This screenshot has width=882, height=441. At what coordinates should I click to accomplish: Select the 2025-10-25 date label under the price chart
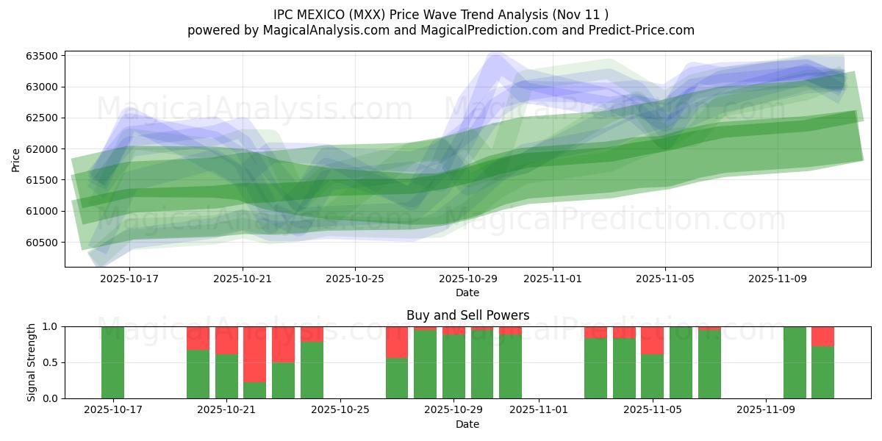(x=355, y=279)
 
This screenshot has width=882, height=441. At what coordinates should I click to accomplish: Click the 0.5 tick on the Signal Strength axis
(x=52, y=363)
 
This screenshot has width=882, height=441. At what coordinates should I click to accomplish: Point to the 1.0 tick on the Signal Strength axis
(x=52, y=326)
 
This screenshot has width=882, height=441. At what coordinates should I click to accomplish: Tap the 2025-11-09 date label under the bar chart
(x=765, y=410)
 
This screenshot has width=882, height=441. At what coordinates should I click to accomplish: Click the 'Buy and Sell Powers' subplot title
(x=467, y=315)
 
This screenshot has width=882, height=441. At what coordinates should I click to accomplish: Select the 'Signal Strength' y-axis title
(x=32, y=362)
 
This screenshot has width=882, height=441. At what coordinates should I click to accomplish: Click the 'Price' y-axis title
(x=16, y=159)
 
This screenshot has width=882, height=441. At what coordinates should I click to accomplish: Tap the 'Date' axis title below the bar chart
(x=467, y=424)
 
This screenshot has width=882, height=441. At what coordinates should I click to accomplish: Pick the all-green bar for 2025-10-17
(x=113, y=362)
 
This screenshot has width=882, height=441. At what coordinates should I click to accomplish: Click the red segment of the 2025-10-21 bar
(x=226, y=340)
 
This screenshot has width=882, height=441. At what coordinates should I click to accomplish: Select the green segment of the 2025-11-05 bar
(x=652, y=376)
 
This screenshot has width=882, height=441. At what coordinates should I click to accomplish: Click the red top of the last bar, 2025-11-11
(x=822, y=336)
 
